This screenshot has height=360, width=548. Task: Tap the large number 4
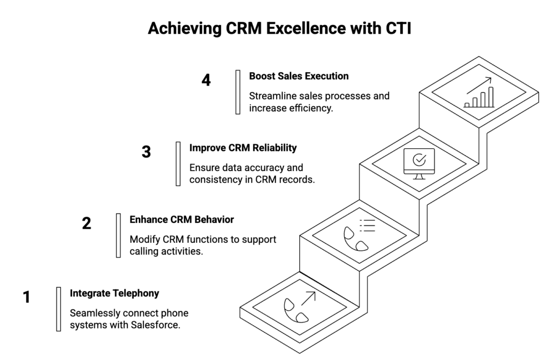(x=206, y=80)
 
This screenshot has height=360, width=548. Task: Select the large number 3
(x=146, y=152)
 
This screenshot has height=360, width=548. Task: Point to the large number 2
(x=87, y=224)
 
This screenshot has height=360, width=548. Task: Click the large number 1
(x=27, y=297)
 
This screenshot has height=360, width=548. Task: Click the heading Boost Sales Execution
(x=299, y=76)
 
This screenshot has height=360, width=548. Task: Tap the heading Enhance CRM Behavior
(x=181, y=219)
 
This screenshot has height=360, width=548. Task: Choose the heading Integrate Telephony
(x=114, y=293)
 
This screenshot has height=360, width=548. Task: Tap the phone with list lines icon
(x=359, y=235)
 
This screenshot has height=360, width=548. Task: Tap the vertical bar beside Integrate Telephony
(x=58, y=309)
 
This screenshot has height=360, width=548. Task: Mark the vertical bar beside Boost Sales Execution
(x=238, y=92)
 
